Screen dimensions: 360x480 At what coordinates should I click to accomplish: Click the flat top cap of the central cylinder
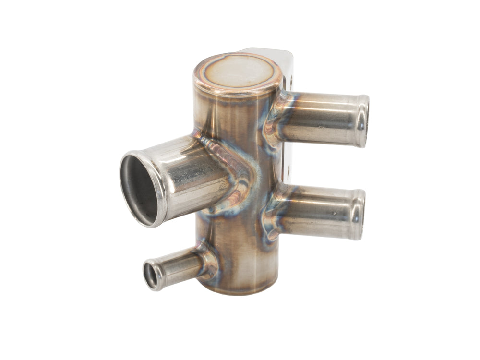point(237,73)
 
